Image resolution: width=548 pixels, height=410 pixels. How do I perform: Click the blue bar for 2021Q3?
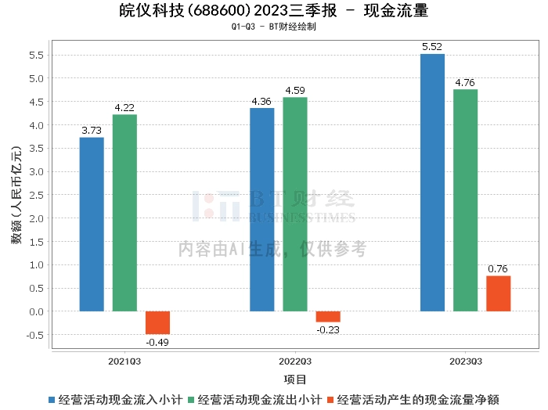(92, 225)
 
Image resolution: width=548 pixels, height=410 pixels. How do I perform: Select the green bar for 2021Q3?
(124, 213)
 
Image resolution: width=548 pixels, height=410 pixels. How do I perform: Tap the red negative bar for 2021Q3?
(157, 322)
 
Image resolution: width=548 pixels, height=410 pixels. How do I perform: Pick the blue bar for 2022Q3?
(261, 210)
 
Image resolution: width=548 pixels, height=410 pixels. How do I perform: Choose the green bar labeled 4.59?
(295, 204)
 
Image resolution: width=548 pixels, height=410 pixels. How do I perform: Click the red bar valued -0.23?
(328, 316)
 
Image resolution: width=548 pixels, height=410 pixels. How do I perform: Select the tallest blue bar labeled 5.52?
(432, 182)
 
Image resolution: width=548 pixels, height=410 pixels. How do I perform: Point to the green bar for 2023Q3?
(465, 200)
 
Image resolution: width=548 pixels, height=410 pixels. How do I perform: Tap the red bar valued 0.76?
(498, 293)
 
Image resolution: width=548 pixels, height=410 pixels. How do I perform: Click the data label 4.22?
(124, 108)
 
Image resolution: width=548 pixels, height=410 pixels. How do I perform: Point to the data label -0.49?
(157, 340)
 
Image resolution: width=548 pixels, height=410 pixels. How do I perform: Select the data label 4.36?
(261, 102)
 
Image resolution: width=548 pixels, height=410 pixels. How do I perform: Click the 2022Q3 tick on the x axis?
(295, 361)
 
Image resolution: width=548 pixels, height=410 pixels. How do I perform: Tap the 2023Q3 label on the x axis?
(465, 361)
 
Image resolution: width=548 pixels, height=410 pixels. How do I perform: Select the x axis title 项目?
(295, 379)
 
